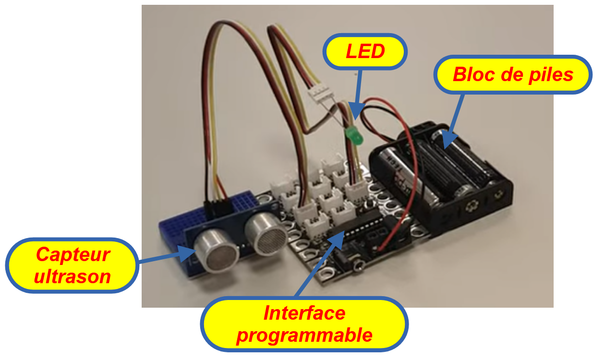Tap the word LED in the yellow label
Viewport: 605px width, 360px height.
(x=365, y=51)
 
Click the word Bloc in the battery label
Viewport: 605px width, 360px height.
(x=472, y=74)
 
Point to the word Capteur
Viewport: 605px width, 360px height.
(x=73, y=254)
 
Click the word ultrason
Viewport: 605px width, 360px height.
(x=73, y=276)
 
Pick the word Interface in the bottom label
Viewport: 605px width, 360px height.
(x=304, y=313)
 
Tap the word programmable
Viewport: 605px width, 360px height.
(x=304, y=335)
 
